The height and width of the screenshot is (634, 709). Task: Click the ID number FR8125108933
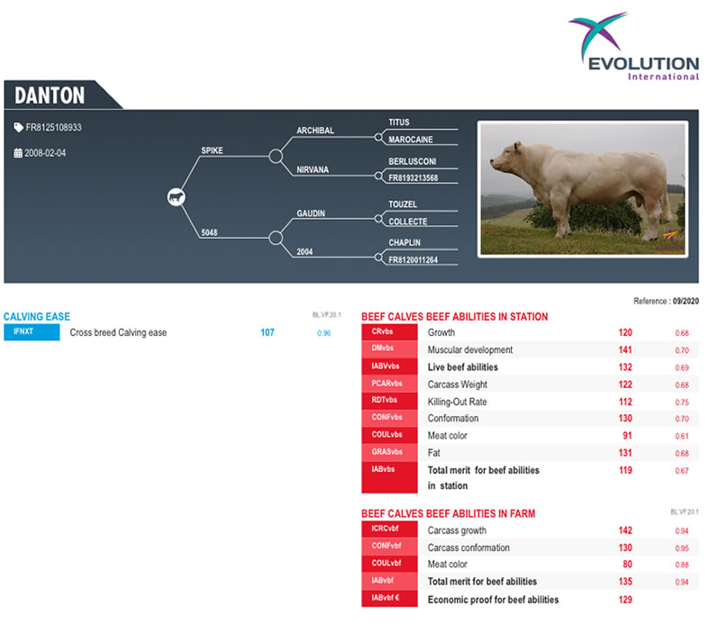pos(53,128)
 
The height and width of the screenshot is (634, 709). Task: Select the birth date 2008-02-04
pos(45,153)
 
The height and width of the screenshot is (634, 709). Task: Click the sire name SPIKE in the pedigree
pos(212,150)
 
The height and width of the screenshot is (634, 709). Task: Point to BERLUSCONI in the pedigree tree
pos(412,161)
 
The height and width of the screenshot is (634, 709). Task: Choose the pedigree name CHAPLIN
pos(404,242)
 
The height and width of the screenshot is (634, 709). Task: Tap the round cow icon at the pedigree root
pos(176,197)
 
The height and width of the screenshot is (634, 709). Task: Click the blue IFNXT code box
pos(32,332)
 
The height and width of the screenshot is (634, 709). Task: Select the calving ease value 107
pos(268,332)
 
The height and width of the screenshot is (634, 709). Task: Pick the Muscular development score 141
pos(625,349)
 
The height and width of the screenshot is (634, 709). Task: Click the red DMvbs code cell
pos(389,349)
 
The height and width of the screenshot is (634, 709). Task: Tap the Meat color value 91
pos(627,436)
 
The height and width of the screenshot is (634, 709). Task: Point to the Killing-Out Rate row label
pos(457,402)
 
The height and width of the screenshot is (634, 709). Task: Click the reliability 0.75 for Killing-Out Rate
pos(682,403)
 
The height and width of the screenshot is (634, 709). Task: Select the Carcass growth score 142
pos(625,530)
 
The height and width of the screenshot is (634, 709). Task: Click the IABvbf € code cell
pos(389,598)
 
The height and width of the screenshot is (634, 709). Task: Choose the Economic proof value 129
pos(625,600)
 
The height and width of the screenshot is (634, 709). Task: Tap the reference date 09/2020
pos(686,301)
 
